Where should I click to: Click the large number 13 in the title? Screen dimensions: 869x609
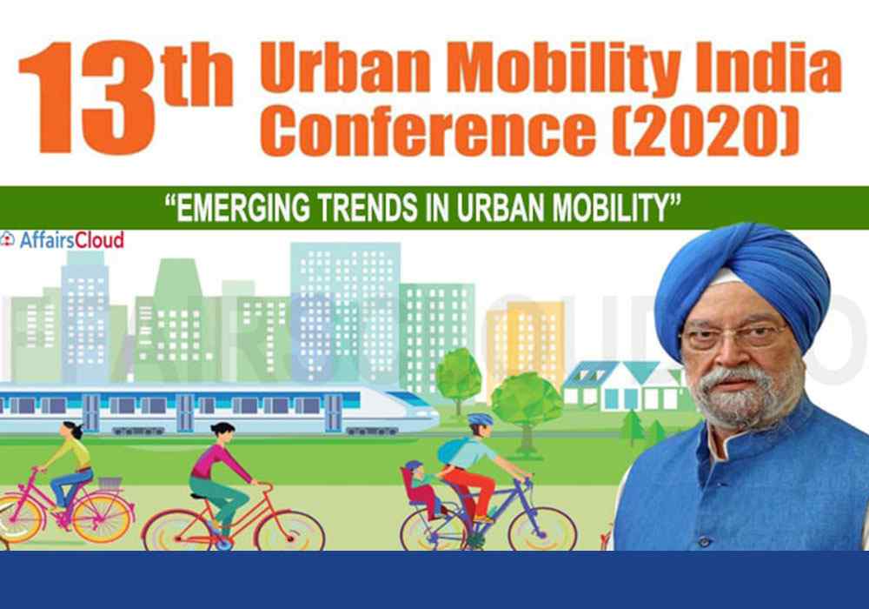[87, 97]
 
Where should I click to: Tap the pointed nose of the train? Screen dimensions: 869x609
[422, 411]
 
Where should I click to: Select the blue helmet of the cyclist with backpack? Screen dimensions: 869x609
[480, 420]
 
